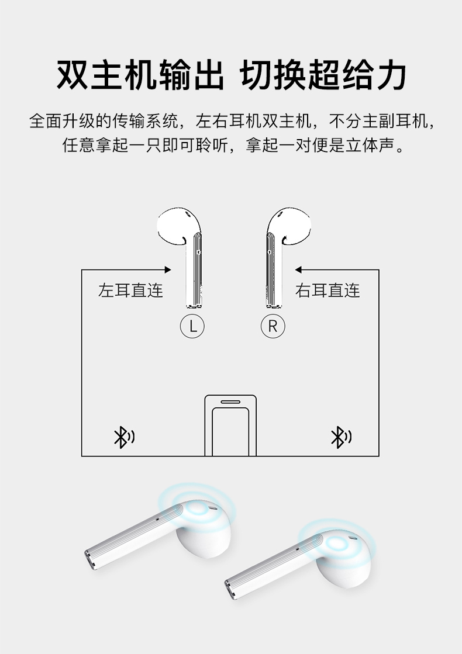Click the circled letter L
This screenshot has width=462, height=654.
[x=192, y=326]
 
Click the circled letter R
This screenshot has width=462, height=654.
[x=273, y=326]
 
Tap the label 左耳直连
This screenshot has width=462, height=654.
[x=130, y=290]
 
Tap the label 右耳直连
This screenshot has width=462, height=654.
[x=327, y=290]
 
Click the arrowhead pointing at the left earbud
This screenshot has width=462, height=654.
[x=168, y=270]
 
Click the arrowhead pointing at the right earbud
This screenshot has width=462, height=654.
[x=298, y=270]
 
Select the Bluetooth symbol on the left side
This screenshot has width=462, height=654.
[x=124, y=437]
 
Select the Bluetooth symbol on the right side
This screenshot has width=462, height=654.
[x=341, y=437]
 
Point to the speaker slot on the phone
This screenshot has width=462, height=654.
[x=230, y=402]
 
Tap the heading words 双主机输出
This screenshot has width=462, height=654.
[x=140, y=75]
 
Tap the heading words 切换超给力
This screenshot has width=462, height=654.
[x=324, y=75]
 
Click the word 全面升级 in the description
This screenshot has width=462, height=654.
[x=62, y=121]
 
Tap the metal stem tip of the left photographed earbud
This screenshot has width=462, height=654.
[x=90, y=560]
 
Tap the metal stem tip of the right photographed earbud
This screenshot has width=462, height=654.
[x=230, y=589]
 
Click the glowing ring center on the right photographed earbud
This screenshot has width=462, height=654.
[x=337, y=543]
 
